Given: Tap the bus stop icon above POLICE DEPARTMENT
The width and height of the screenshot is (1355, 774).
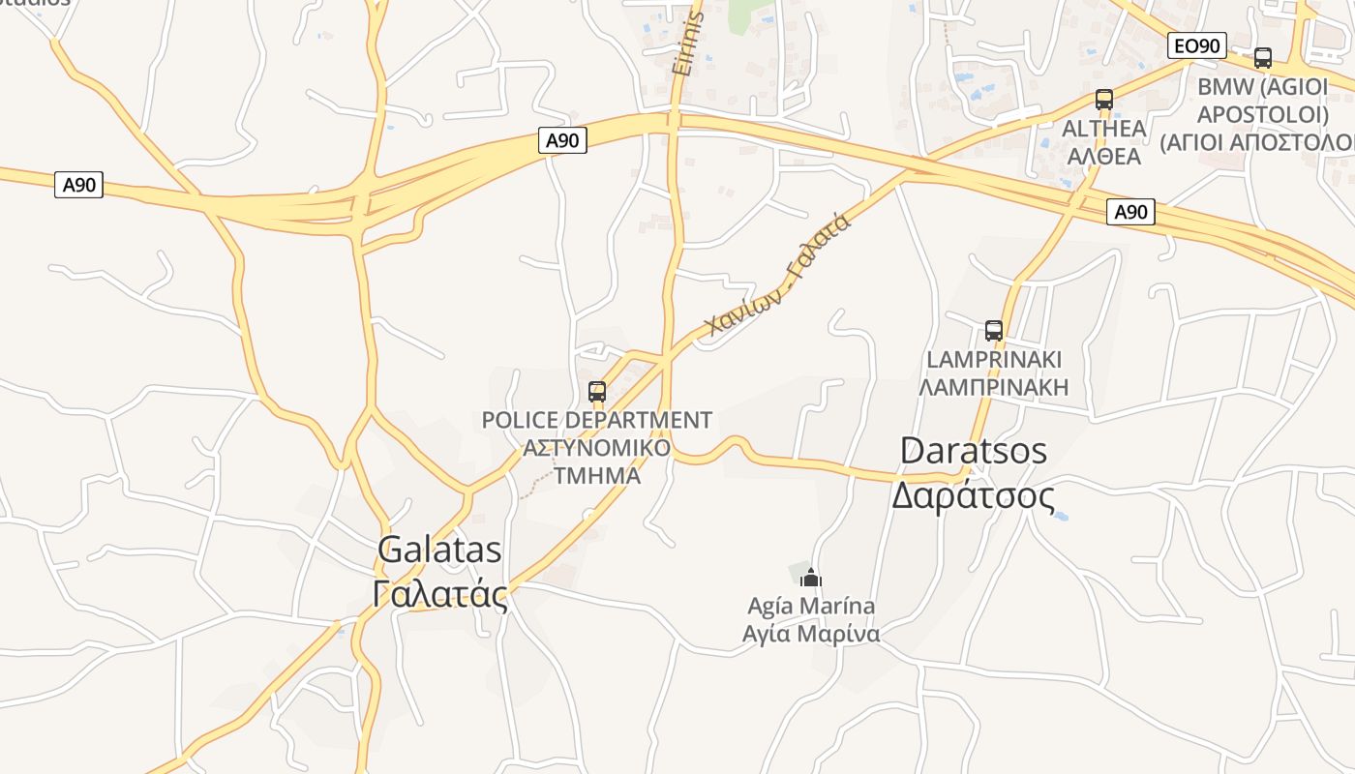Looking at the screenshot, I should (x=597, y=392).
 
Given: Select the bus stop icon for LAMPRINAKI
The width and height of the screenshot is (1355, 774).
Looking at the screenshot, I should (x=993, y=331).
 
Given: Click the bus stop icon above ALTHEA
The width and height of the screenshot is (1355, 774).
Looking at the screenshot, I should (x=1103, y=100).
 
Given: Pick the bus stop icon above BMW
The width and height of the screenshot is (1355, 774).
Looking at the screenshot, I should (x=1262, y=58).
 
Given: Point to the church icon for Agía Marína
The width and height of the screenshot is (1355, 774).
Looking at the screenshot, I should (x=811, y=579).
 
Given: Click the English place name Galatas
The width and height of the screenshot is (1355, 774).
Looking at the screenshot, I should (x=439, y=550).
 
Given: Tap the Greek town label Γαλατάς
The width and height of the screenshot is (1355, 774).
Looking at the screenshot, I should (x=439, y=593).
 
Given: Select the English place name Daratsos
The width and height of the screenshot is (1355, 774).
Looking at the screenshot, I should (x=973, y=451).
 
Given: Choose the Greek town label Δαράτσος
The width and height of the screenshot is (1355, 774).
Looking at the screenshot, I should (x=973, y=495).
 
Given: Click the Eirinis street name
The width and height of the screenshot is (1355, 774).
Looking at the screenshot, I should (x=686, y=44).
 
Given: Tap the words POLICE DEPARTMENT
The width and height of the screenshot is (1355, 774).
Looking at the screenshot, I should (x=596, y=421).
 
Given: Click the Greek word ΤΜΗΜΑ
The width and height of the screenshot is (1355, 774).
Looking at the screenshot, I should (x=597, y=475).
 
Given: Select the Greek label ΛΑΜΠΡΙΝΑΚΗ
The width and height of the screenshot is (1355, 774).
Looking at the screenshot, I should (x=993, y=388).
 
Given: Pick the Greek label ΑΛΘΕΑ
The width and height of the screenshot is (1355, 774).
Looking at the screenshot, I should (x=1103, y=156).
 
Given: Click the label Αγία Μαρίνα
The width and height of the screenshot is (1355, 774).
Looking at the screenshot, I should (x=811, y=634).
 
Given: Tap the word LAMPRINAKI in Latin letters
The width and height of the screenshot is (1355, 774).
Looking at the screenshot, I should (x=993, y=360).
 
